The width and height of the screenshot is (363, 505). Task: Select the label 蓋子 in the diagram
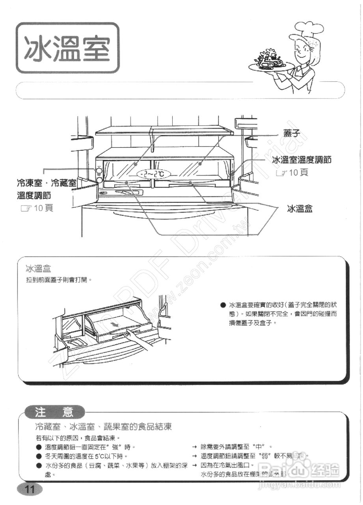coord(292,133)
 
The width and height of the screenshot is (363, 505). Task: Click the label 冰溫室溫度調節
coord(302,160)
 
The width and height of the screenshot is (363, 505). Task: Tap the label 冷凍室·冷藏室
coord(47,183)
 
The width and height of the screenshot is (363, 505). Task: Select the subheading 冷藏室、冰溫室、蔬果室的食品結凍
coord(103,426)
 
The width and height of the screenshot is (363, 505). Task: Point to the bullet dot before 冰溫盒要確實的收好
coord(223,305)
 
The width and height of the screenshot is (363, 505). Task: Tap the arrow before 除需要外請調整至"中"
coord(194,447)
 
